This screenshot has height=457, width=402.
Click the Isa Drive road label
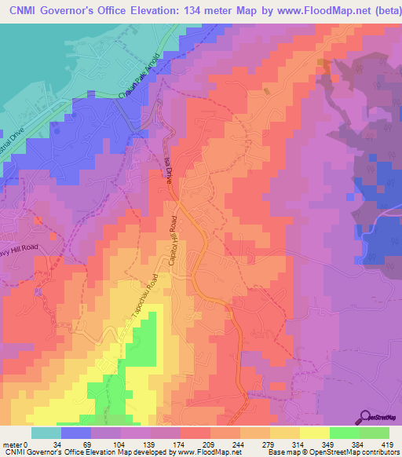pos(168,169)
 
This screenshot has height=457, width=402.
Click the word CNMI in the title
pos(24,9)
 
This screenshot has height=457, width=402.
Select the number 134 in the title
pos(181,9)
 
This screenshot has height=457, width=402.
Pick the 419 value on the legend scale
pos(387,444)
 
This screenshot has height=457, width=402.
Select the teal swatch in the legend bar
pos(46,433)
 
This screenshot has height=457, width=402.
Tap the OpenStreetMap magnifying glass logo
pos(365,417)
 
